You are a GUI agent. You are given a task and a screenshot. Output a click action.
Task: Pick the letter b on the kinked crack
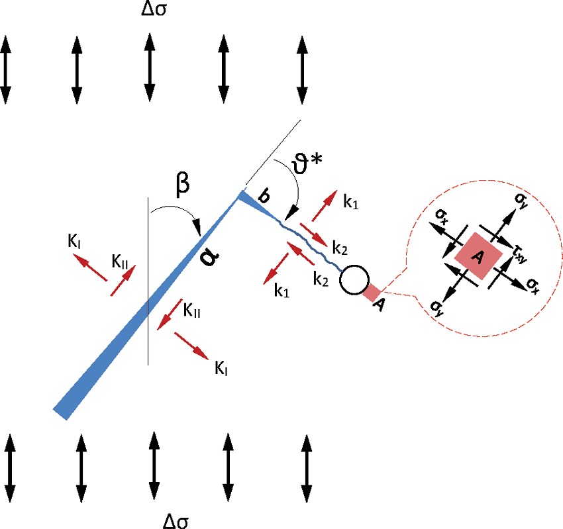(x=264, y=196)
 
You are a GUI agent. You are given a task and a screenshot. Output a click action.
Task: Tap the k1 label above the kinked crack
(x=351, y=205)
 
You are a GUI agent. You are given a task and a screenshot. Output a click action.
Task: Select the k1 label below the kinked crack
(x=282, y=290)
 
